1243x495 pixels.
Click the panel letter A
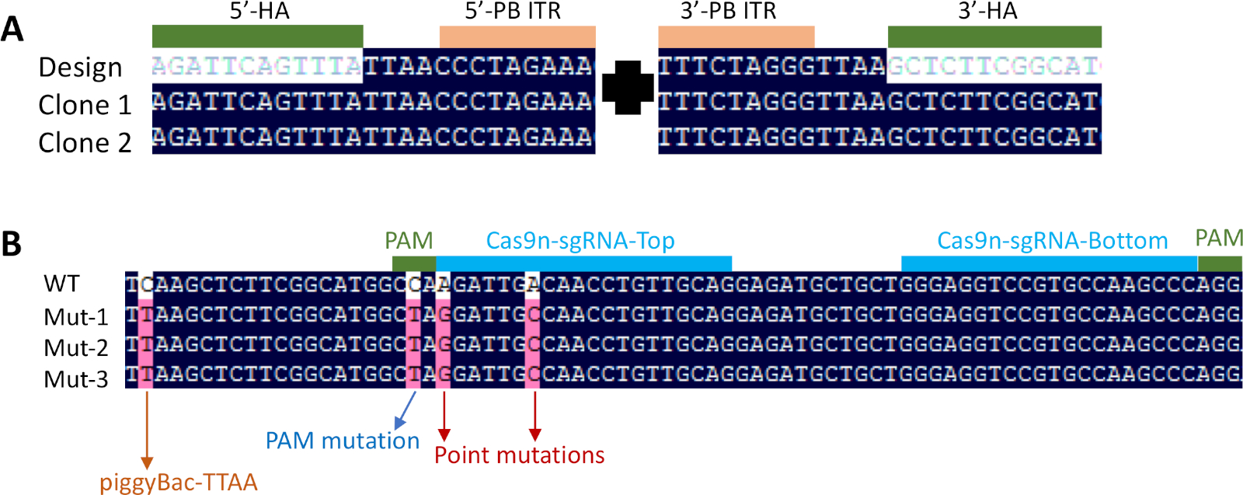(x=12, y=30)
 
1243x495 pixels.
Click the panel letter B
(x=11, y=243)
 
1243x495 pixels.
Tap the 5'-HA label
(x=259, y=11)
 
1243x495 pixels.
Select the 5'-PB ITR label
(x=513, y=11)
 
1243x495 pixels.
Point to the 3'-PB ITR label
(x=728, y=11)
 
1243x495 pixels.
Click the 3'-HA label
(x=987, y=11)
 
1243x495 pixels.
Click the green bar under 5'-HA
(x=257, y=37)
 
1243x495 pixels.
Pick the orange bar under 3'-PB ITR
(x=736, y=37)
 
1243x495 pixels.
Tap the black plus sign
(x=628, y=86)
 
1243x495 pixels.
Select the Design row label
(x=80, y=68)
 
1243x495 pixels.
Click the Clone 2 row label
(x=85, y=143)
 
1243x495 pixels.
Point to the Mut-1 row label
(x=75, y=317)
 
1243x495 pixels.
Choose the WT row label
(x=61, y=284)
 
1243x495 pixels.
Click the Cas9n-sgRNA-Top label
(x=580, y=241)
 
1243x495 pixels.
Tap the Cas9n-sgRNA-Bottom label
(x=1052, y=241)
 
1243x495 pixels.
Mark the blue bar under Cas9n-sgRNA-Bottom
(x=1049, y=263)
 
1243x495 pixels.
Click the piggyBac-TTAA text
(x=178, y=483)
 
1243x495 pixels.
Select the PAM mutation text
(x=342, y=441)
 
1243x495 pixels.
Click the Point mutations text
(x=519, y=455)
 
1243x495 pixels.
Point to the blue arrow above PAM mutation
(x=406, y=410)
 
